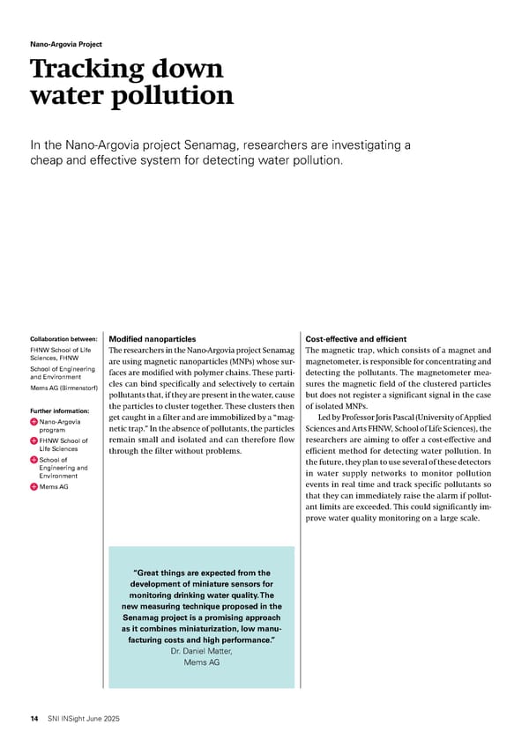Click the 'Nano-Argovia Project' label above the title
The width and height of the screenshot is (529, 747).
65,44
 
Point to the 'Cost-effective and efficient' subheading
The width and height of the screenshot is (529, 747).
355,339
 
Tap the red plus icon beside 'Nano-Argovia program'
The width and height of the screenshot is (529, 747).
34,423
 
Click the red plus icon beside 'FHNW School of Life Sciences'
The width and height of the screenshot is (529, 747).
34,441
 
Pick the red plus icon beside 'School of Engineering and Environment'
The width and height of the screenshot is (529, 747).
34,460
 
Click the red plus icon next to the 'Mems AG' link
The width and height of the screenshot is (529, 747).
34,487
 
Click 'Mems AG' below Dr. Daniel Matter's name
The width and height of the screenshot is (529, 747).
202,662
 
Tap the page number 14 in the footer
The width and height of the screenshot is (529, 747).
34,719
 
